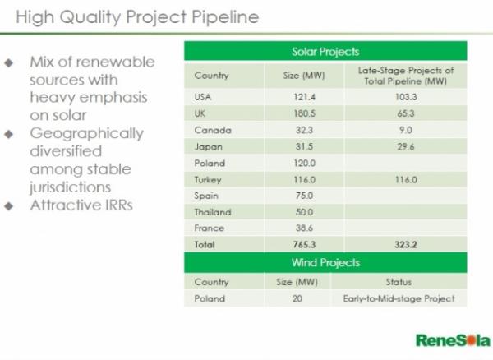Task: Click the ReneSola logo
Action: [453, 340]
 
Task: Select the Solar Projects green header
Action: [325, 51]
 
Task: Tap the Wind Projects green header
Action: [325, 262]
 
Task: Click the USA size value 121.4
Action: [304, 97]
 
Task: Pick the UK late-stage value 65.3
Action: [406, 113]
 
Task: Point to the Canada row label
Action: [213, 130]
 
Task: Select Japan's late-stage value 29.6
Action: [406, 146]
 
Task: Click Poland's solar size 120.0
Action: [304, 164]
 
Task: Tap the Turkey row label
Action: [208, 180]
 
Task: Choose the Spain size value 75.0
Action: [304, 196]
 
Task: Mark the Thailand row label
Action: [213, 212]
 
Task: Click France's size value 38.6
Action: [304, 228]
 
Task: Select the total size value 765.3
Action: [304, 244]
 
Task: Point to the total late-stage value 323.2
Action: [406, 244]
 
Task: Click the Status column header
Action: [399, 282]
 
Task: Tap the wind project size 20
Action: [297, 298]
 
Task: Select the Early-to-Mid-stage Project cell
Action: [399, 298]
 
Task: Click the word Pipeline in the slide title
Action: [225, 17]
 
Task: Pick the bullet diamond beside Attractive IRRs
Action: [9, 206]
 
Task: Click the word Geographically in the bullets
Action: [87, 134]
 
